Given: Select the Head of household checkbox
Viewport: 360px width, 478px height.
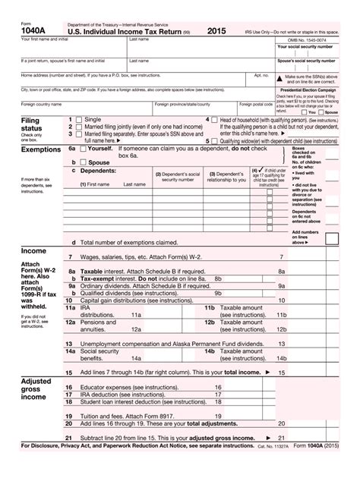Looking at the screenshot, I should click(215, 120).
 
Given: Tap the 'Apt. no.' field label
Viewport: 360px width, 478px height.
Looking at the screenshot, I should click(261, 75).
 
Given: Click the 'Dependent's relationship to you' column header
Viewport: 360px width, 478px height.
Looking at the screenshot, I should click(226, 177).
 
